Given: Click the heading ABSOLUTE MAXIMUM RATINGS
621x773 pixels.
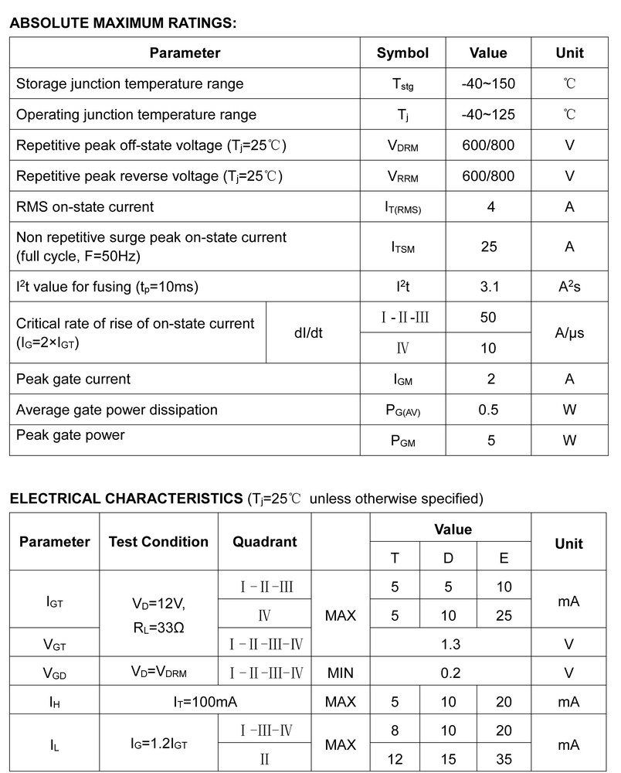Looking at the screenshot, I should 122,23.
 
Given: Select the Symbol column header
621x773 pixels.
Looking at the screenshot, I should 402,53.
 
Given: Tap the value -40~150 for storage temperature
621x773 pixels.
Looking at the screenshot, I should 488,83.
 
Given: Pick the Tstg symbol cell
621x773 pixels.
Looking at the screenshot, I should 402,84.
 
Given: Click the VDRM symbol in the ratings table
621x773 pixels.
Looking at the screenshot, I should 402,145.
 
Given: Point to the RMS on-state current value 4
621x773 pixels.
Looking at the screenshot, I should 488,207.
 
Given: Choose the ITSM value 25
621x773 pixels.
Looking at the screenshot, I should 488,247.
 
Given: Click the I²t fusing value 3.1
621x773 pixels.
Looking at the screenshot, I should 488,287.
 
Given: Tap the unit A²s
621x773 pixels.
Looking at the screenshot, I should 569,287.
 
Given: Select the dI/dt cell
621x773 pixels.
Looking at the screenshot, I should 308,332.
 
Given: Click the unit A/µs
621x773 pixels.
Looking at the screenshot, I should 569,332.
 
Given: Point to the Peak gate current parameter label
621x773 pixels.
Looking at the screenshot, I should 73,379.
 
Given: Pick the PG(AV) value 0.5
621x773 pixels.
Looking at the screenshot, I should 488,410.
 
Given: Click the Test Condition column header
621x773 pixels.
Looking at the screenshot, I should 158,542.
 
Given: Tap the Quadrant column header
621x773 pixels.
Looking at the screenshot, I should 264,542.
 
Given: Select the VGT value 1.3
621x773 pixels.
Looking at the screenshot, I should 450,643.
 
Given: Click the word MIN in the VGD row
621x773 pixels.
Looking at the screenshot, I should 341,673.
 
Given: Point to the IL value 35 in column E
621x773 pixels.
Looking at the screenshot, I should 504,759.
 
